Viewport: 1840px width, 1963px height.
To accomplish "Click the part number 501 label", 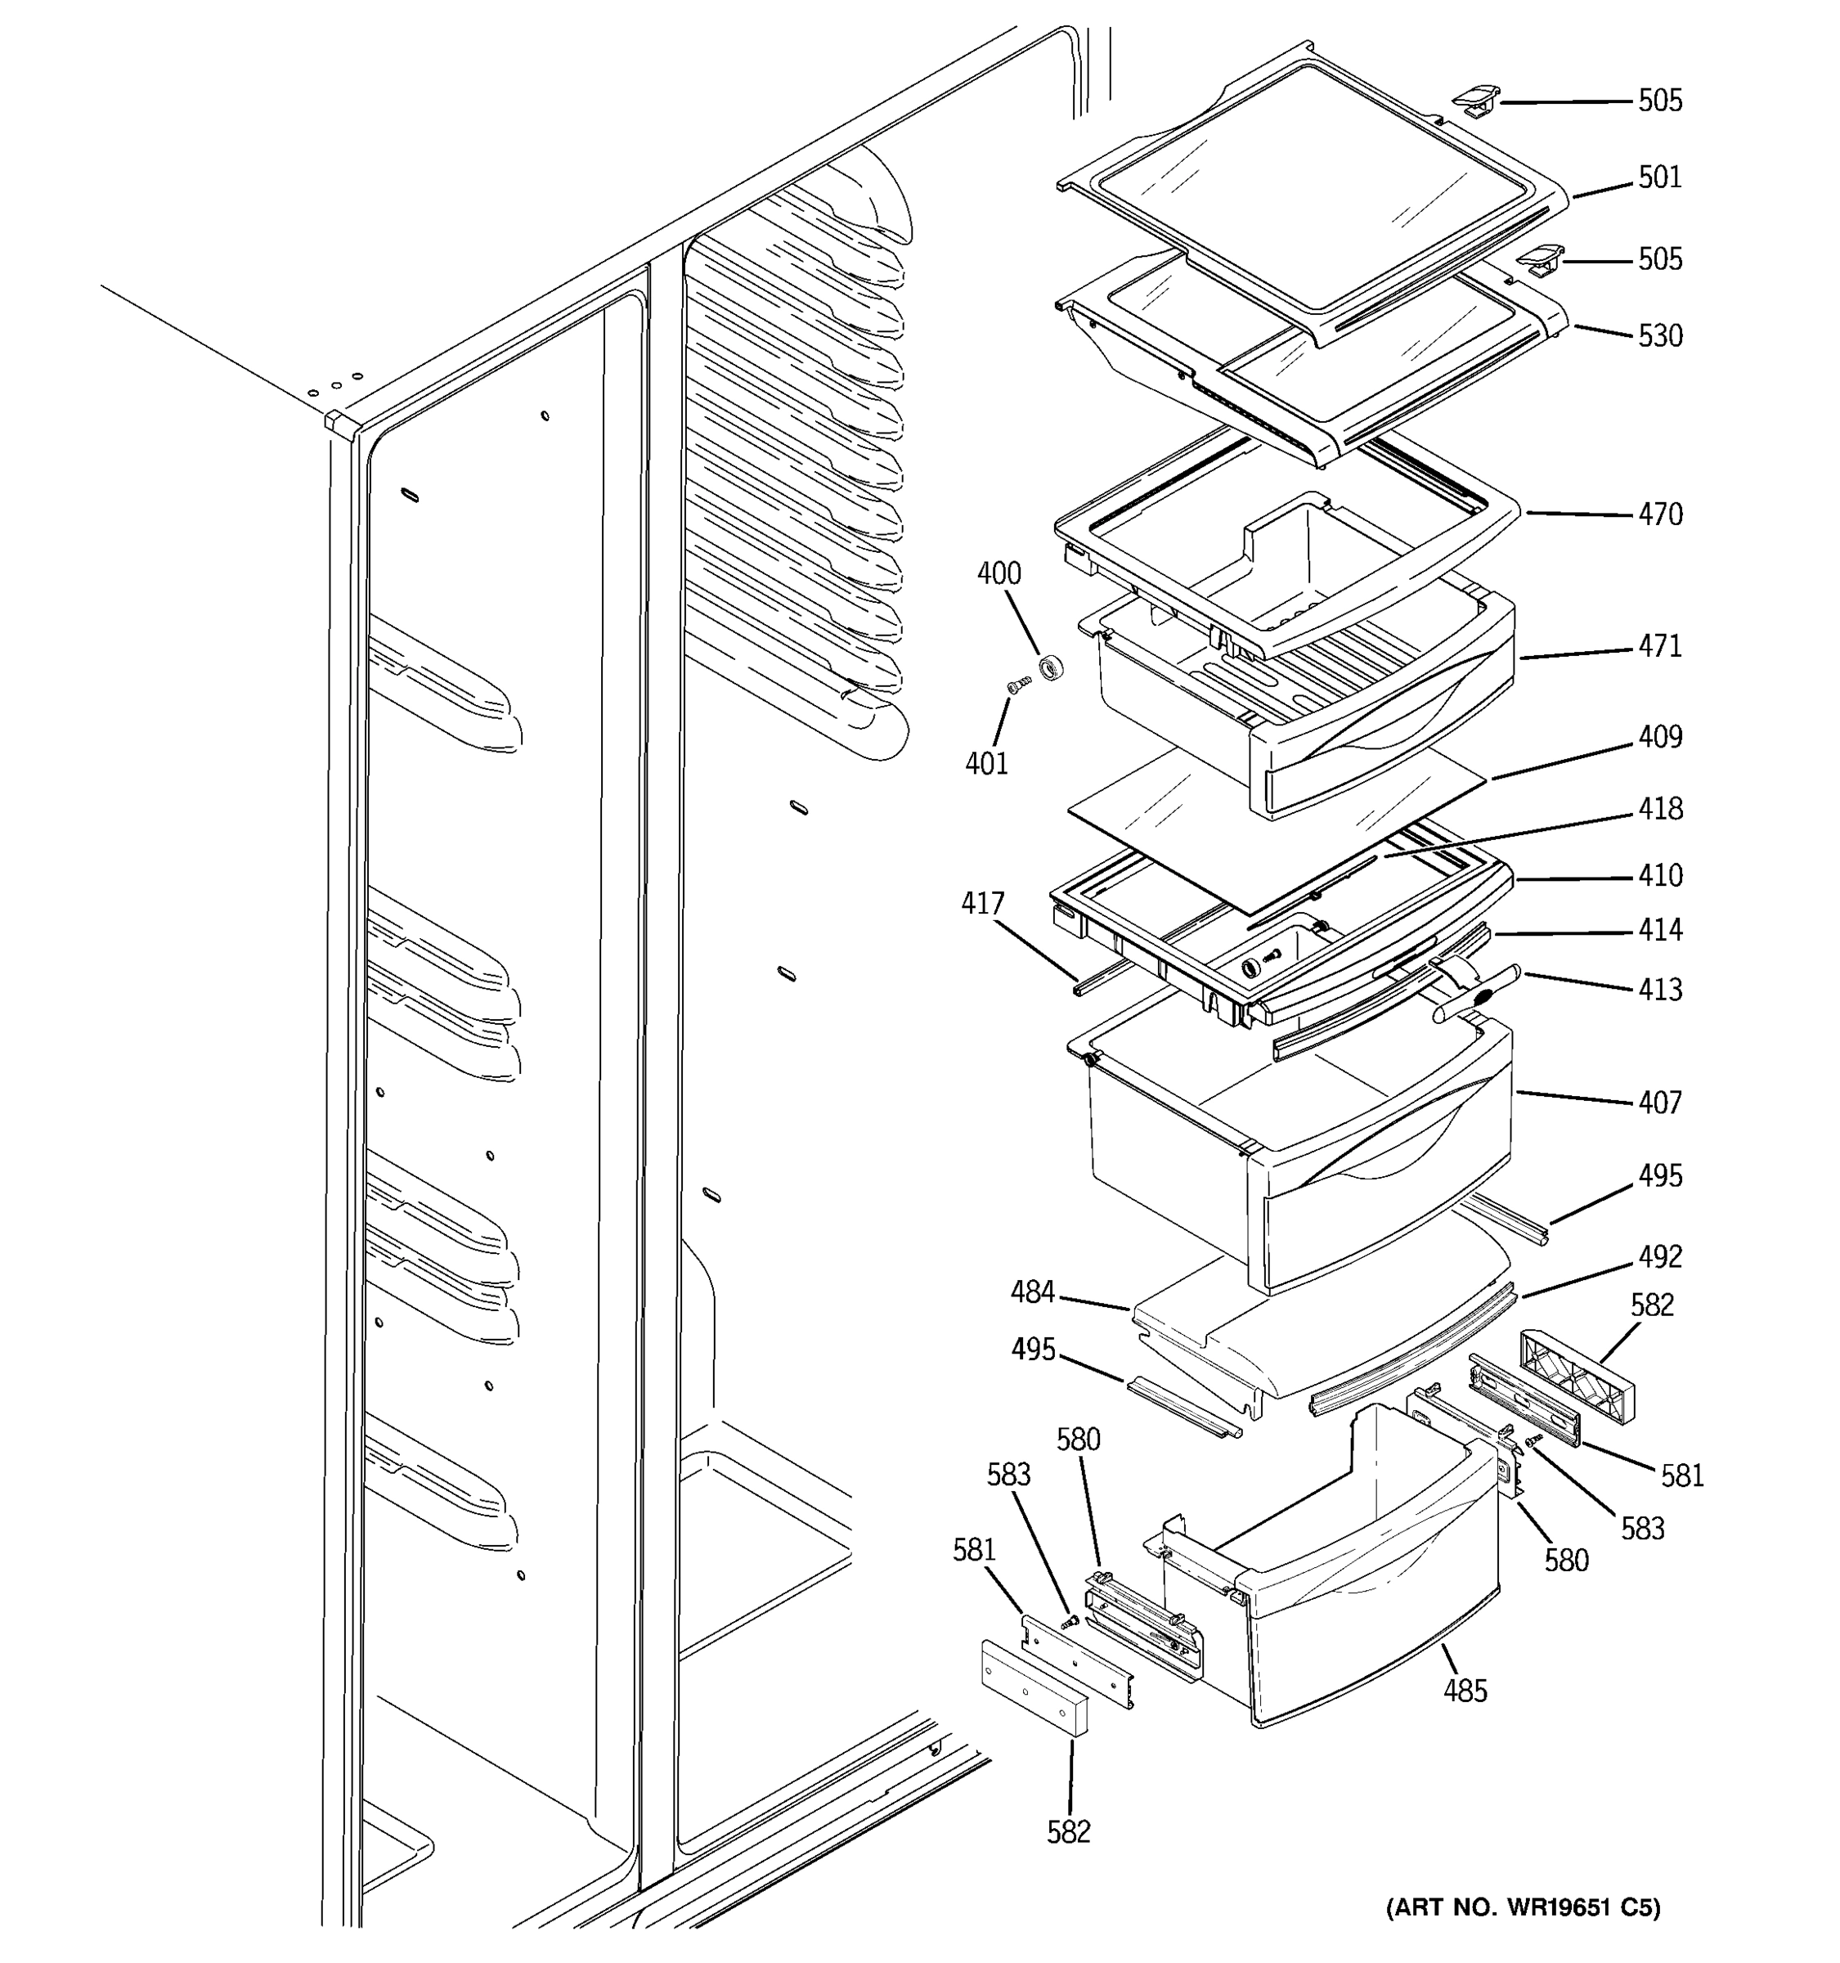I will click(1659, 177).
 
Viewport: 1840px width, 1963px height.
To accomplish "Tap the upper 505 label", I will click(1659, 101).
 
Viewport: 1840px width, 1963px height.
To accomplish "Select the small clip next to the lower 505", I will click(1540, 261).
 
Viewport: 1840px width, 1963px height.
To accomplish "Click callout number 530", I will click(1659, 335).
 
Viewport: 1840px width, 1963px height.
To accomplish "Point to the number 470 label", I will click(1659, 514).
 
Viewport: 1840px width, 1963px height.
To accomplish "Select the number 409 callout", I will click(1659, 737).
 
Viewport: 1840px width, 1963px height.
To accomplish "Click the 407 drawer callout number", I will click(1659, 1102).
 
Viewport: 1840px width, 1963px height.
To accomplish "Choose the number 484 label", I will click(1033, 1291).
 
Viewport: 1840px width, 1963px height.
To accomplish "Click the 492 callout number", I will click(1659, 1256).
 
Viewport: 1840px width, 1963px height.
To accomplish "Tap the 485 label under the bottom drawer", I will click(1465, 1691).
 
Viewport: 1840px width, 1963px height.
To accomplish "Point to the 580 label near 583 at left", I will click(1078, 1440).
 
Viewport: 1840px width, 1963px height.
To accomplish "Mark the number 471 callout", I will click(1659, 646).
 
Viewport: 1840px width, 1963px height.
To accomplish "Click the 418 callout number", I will click(1659, 809).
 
